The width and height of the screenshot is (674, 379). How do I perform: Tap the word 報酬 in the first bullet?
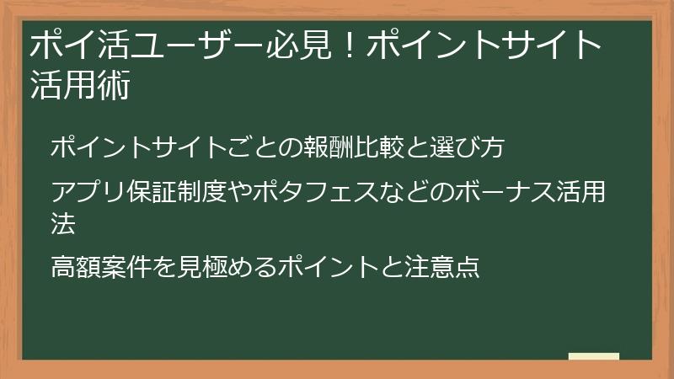324,147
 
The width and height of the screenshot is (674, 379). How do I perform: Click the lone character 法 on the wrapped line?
63,224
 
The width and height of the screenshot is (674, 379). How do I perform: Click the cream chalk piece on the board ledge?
593,357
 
